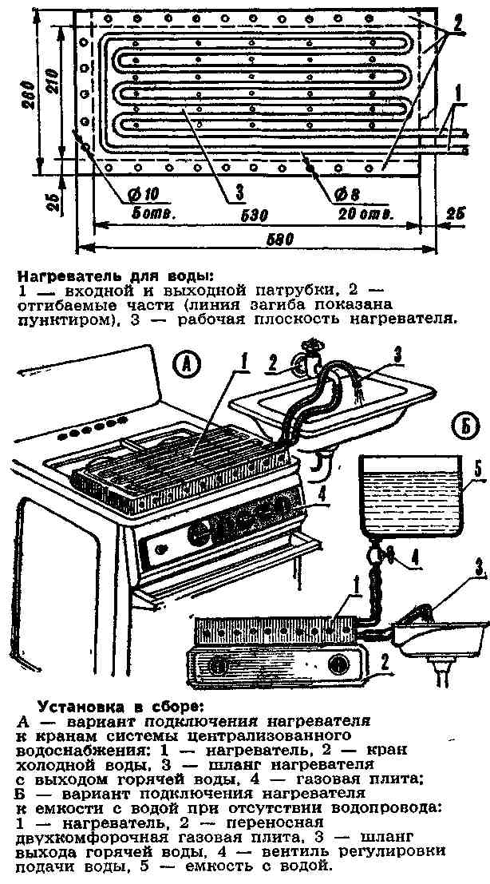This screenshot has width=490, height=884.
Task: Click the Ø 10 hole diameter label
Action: [x=141, y=195]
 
